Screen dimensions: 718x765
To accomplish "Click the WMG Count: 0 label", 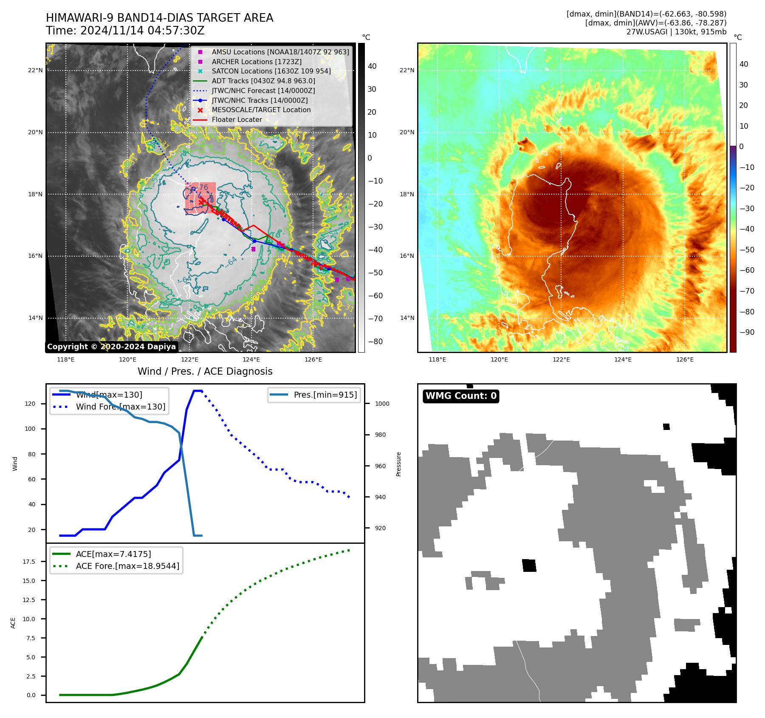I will pos(461,396).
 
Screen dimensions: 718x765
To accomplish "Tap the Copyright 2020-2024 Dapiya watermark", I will pos(111,347).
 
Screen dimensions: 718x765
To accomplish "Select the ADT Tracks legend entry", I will pos(263,81).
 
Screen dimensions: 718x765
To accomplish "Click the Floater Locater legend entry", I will pos(237,120).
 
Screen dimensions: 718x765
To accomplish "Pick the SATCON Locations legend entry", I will pos(271,71).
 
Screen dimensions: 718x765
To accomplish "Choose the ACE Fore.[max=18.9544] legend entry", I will pos(127,566).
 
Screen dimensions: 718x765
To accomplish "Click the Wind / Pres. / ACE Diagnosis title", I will pos(205,371).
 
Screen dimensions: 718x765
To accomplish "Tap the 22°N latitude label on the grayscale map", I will pos(35,70).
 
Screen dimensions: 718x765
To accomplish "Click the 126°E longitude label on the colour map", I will pos(685,359).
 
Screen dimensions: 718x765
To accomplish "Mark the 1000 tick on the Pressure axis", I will pos(382,404).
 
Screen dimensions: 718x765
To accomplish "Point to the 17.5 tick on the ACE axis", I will pos(29,562).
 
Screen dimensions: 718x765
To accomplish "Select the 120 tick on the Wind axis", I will pos(30,404).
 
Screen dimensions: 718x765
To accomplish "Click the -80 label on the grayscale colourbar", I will pos(375,342).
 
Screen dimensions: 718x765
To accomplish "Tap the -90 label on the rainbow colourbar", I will pos(747,332).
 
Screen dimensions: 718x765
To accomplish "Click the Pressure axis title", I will pos(398,464).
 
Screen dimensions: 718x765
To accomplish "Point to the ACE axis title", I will pos(13,623).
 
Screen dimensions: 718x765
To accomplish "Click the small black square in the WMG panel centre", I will pos(529,565).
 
